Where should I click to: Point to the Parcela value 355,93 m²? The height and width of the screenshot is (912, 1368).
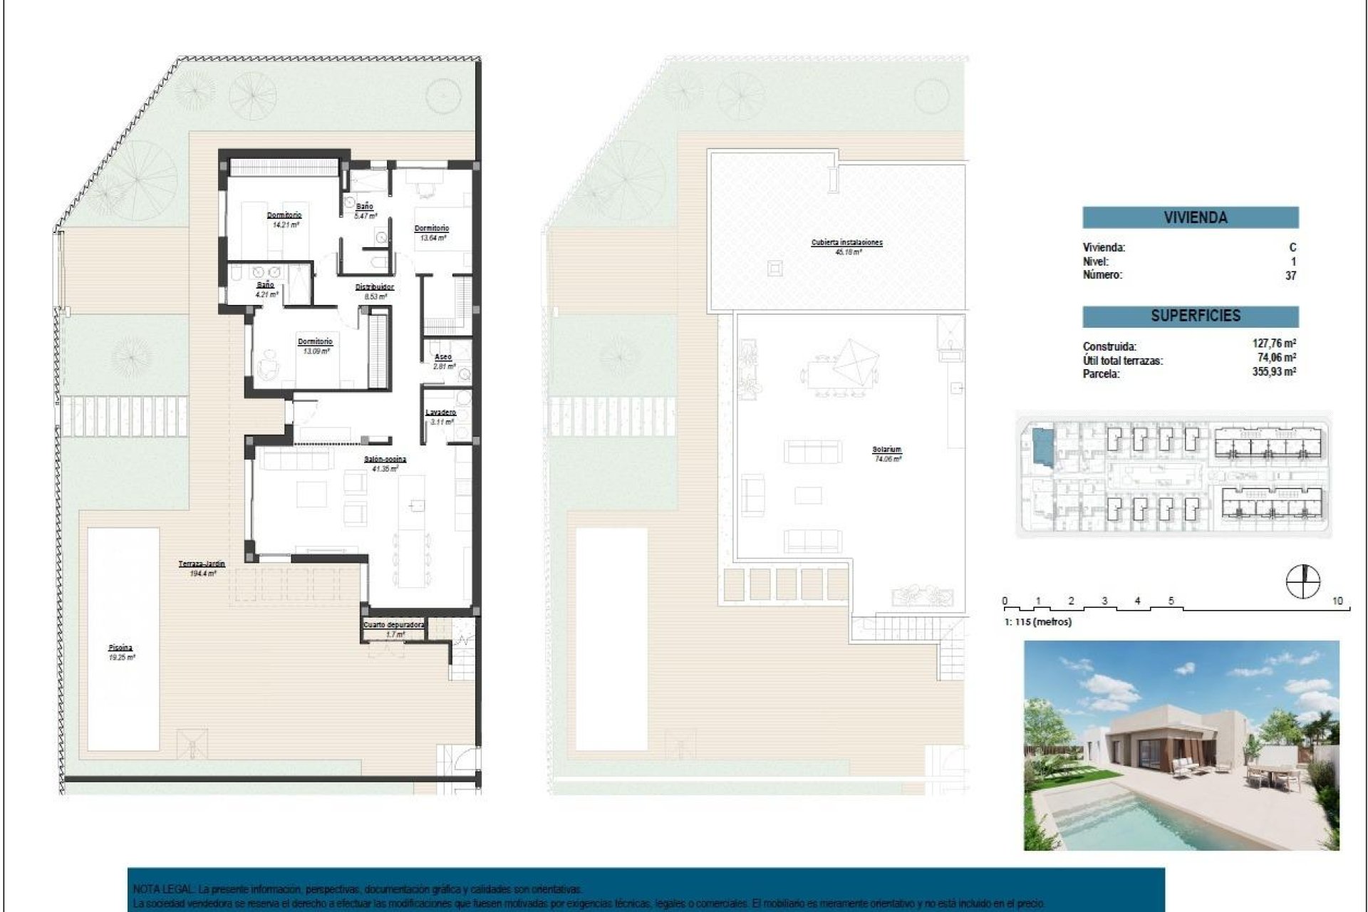click(1274, 371)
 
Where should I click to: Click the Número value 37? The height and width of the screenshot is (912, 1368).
click(1290, 275)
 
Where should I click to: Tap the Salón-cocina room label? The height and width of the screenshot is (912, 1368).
click(385, 460)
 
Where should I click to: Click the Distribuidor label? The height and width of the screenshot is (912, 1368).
click(375, 287)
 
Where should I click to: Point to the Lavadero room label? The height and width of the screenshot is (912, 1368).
click(440, 413)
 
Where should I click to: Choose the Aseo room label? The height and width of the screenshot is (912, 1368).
click(443, 357)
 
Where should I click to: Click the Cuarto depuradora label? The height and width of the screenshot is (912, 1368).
click(394, 625)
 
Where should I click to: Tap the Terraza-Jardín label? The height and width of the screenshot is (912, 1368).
click(202, 564)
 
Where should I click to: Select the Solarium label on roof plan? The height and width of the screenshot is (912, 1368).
click(886, 450)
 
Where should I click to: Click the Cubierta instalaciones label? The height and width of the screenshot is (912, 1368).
click(846, 243)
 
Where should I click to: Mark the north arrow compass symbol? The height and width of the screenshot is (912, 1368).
click(1302, 581)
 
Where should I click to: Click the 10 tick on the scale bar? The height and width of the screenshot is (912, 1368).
click(1337, 601)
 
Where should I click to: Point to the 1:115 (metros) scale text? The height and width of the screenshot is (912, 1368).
click(1037, 622)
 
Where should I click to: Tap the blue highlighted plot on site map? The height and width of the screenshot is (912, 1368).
click(1041, 445)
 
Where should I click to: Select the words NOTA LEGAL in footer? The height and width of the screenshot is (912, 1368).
click(162, 890)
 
